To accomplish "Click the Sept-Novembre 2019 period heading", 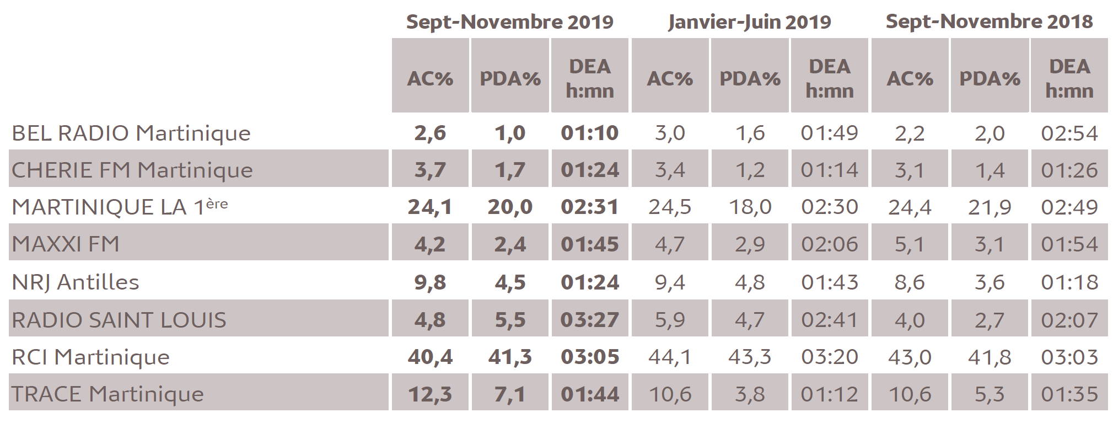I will tap(509, 22).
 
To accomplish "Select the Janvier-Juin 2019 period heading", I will tap(749, 22).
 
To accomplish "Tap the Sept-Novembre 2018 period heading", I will tap(989, 22).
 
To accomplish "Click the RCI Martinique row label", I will tap(91, 357).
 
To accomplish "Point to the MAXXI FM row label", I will tap(66, 244).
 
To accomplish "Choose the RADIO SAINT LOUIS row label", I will tap(119, 320).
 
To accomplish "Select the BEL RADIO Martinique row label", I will tap(131, 133).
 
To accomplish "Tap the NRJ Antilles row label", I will tap(76, 282).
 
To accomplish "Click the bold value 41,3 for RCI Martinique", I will tap(510, 357).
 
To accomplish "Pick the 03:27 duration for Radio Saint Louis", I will tap(590, 320).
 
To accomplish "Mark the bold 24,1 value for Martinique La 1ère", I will tap(430, 207).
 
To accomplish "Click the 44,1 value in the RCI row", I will tap(670, 357).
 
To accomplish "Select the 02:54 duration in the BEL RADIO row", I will tap(1069, 133).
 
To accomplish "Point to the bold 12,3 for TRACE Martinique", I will tap(430, 394).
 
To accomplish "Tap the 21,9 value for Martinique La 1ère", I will tap(990, 207).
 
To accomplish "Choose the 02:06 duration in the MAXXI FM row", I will tap(830, 244).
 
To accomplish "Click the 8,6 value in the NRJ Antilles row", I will tap(910, 282).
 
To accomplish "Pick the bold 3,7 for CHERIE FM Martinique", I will tap(430, 170).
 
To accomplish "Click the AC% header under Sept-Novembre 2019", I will tap(430, 78).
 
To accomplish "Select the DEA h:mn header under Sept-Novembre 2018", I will tap(1069, 78).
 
